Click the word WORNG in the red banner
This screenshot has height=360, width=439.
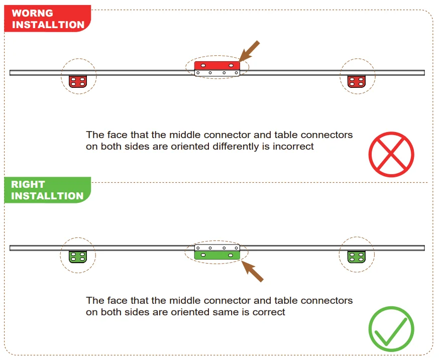(32, 13)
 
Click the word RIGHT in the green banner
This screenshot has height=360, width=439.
(28, 184)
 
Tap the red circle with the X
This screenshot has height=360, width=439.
(391, 154)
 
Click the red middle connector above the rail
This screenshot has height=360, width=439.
(217, 65)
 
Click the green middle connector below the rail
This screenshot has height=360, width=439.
(217, 255)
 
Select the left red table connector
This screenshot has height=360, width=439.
(78, 81)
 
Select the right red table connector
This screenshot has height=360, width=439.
(357, 81)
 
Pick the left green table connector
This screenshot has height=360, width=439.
(78, 257)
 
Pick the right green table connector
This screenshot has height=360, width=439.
(357, 257)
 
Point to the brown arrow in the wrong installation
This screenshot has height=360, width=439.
(249, 51)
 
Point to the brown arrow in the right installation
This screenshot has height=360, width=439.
(252, 271)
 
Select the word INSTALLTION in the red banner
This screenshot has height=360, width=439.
(48, 25)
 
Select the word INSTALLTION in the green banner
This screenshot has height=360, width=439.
(47, 196)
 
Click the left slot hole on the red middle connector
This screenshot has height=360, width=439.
(203, 65)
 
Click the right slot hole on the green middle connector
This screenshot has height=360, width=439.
(231, 255)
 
